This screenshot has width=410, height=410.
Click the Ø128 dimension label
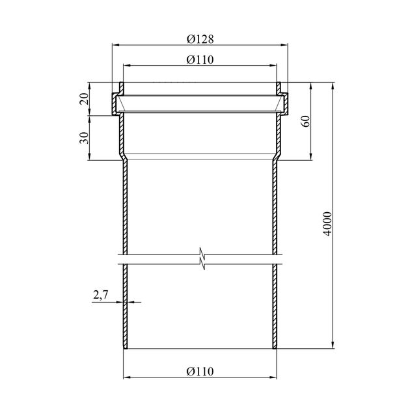(x=200, y=39)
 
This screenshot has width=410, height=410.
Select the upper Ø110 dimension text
(x=200, y=60)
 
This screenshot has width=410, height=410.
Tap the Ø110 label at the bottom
(x=200, y=372)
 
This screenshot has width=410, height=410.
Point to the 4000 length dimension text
(x=327, y=224)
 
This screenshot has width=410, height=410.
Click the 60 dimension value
(x=306, y=121)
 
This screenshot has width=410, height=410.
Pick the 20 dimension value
(x=84, y=99)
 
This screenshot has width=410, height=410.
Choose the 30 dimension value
(x=84, y=138)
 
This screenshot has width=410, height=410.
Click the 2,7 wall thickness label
(x=101, y=295)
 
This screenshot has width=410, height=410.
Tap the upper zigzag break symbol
(x=201, y=253)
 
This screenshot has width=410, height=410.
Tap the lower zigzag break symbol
(x=202, y=264)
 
